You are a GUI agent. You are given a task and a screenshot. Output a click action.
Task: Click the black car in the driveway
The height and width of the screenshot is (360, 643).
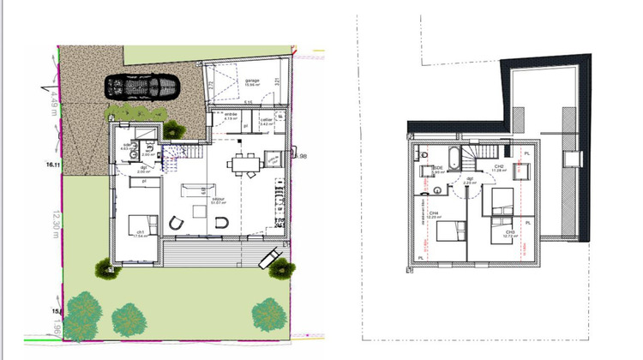click(143, 87)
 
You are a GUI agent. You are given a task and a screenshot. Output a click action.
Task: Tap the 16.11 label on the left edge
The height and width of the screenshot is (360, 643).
click(54, 163)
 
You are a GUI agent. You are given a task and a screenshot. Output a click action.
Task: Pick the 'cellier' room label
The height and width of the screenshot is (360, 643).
click(266, 119)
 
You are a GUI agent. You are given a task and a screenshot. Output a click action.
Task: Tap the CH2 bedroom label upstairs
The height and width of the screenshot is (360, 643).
click(498, 166)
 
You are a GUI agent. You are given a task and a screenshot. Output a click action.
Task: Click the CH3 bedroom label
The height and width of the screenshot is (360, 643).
click(509, 231)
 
